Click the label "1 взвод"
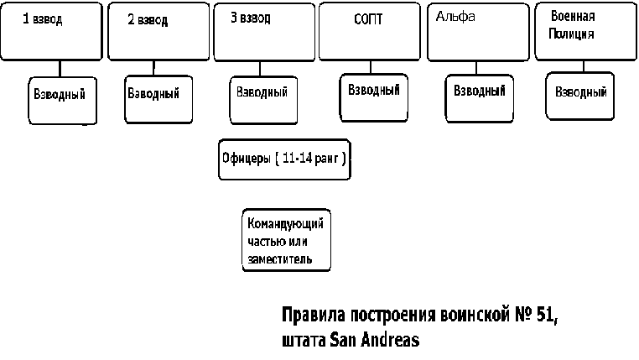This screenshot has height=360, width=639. (x=43, y=19)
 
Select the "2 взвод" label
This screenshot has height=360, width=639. (x=148, y=20)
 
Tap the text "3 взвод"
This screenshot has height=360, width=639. (x=251, y=18)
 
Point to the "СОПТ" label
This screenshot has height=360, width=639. (x=368, y=19)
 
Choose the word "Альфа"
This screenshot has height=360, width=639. (x=455, y=16)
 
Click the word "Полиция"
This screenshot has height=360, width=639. (x=571, y=34)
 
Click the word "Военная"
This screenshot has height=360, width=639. (x=573, y=16)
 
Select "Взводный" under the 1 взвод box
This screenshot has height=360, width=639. (x=60, y=94)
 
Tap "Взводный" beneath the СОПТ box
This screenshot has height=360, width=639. (x=374, y=90)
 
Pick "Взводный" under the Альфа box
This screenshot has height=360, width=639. (x=480, y=91)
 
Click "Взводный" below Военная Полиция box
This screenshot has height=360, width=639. (x=581, y=91)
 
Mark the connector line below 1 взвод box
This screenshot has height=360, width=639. (x=60, y=69)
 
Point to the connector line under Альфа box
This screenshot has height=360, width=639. (x=476, y=68)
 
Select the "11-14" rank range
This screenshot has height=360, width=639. (x=297, y=158)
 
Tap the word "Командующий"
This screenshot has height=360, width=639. (x=285, y=223)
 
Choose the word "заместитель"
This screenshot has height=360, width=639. (x=280, y=259)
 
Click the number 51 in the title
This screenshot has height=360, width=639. (x=547, y=315)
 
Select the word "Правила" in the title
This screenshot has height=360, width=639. (x=314, y=316)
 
